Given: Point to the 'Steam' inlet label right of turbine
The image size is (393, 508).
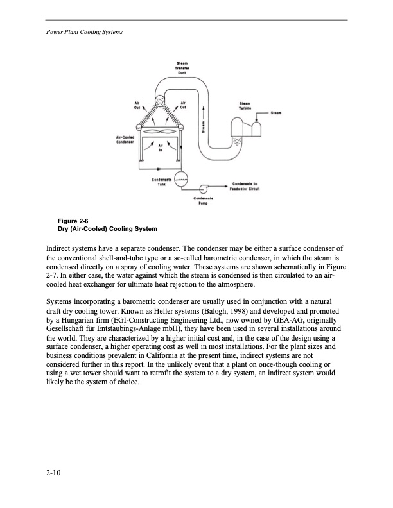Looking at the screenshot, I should [277, 114].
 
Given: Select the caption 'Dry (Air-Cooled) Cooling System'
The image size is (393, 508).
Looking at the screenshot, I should [107, 230].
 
